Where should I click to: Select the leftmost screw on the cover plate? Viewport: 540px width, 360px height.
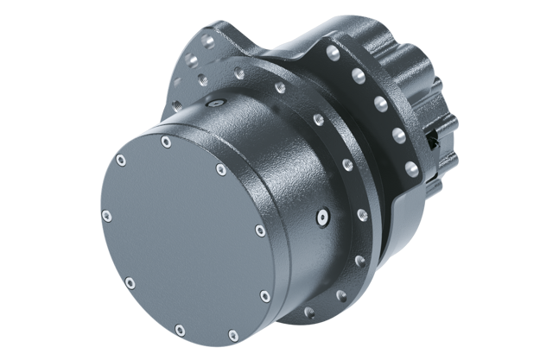pos(105,216)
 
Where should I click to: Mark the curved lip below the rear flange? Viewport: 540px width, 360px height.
pos(406,220)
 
